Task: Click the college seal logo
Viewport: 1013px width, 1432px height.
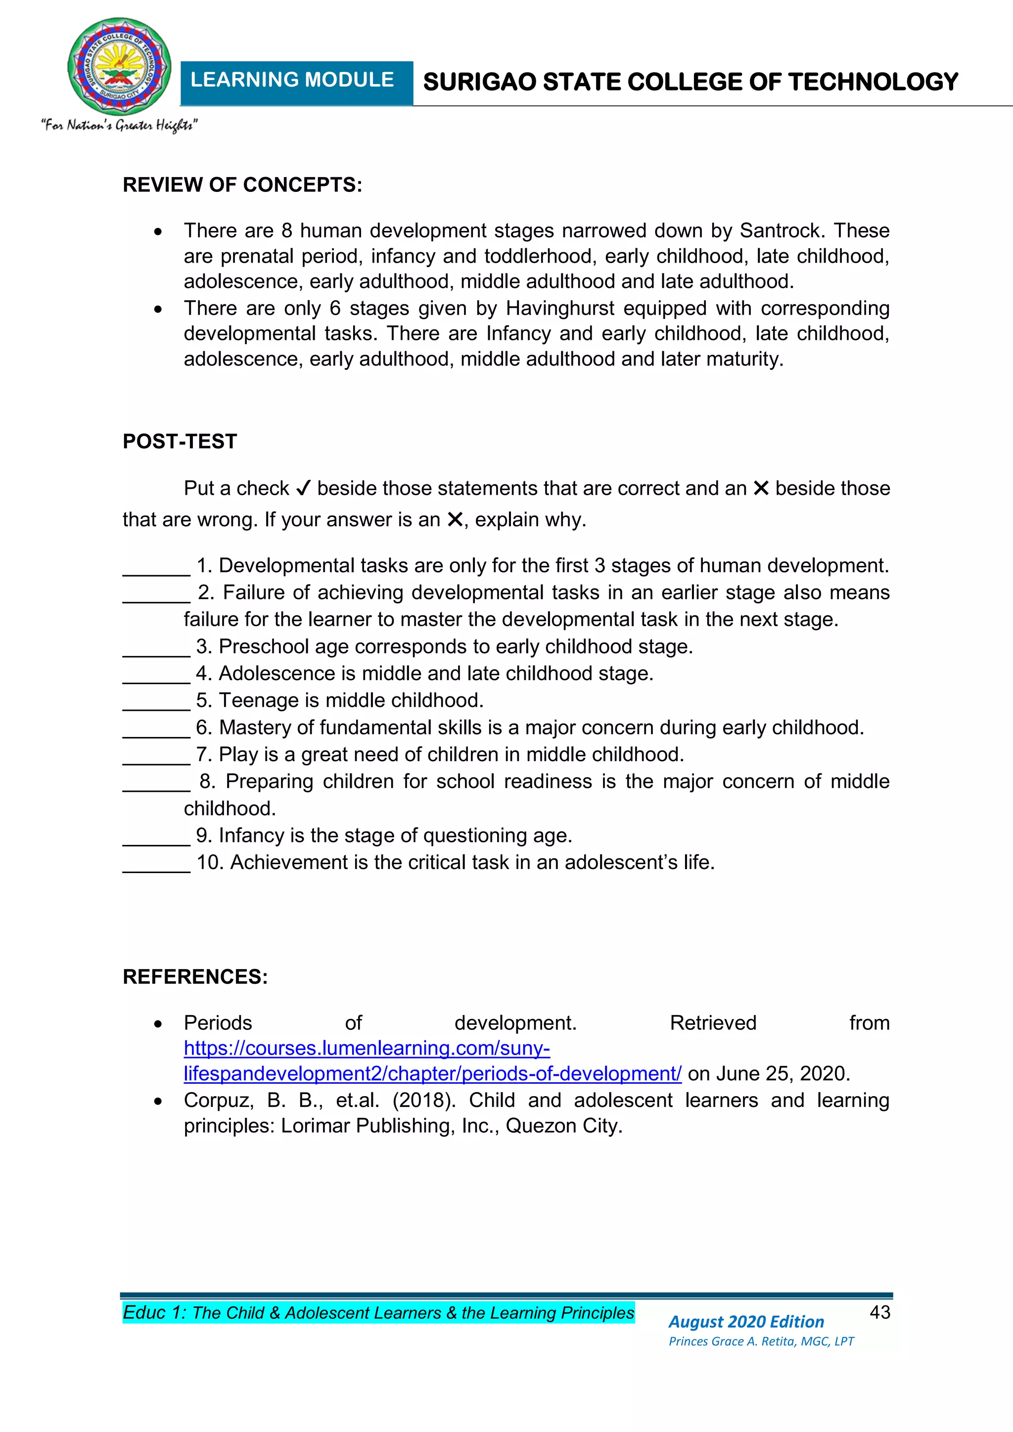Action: [119, 67]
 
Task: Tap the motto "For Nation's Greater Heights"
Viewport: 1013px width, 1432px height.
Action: [120, 125]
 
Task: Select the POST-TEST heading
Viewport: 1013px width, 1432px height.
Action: [180, 442]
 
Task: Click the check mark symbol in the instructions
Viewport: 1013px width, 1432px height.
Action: [303, 488]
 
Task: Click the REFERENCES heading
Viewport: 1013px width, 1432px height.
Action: [195, 977]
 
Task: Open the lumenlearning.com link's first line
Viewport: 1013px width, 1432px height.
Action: [367, 1049]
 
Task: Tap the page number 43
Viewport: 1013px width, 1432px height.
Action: [879, 1313]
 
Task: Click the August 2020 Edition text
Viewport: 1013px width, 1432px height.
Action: [746, 1322]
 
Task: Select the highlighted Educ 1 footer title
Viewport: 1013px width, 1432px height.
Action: [378, 1313]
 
